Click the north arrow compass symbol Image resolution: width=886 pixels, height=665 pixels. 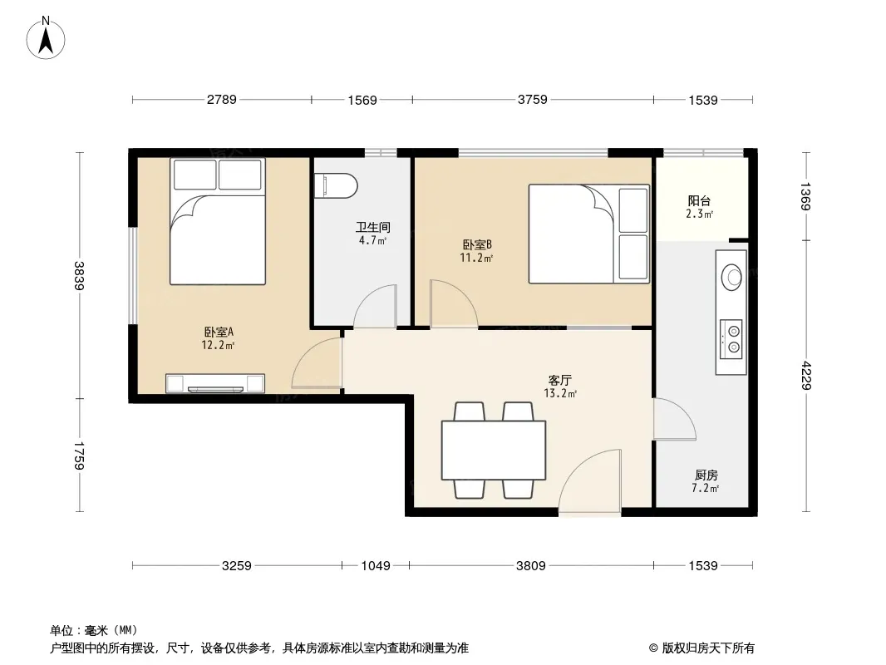click(46, 38)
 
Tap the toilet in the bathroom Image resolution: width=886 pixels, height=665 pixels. click(337, 186)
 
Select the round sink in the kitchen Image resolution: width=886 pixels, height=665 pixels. click(731, 277)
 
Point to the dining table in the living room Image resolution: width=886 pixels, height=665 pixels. click(494, 450)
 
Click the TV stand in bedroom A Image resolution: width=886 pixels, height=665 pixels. click(215, 383)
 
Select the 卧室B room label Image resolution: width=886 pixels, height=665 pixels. click(477, 244)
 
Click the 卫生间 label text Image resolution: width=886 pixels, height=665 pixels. click(373, 227)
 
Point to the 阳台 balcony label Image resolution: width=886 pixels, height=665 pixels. click(699, 200)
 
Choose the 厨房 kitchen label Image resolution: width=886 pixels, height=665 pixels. click(706, 475)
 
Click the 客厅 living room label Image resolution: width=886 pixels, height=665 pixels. click(560, 380)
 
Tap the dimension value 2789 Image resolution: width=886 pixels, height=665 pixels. click(221, 100)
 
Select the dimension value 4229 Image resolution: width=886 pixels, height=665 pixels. click(805, 375)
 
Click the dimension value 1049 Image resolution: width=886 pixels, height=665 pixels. click(376, 565)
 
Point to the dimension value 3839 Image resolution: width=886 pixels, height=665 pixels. click(80, 276)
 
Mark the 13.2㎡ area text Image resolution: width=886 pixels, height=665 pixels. click(560, 393)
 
